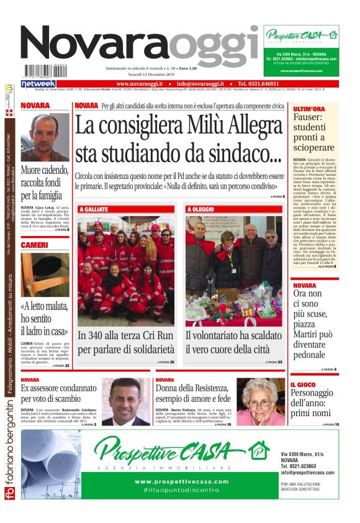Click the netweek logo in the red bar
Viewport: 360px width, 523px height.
point(38,83)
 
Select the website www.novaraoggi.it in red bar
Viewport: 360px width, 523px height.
point(140,83)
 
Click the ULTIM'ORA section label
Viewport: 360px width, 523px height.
point(308,109)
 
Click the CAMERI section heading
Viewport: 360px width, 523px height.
point(34,245)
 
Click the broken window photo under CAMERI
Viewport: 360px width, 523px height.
point(45,275)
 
